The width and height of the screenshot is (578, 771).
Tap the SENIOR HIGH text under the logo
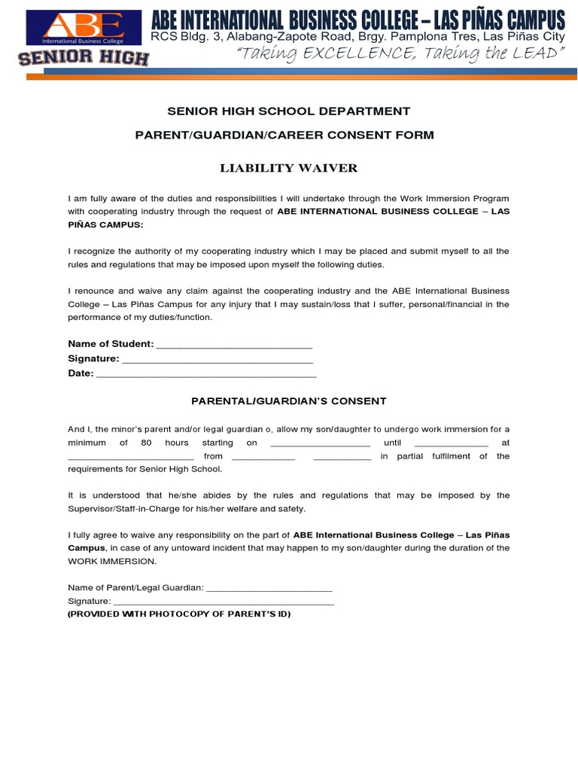click(84, 58)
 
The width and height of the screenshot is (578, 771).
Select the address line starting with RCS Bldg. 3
click(357, 35)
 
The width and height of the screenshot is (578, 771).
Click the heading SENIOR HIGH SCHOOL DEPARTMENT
click(288, 111)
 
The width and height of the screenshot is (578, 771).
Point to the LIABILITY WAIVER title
click(288, 168)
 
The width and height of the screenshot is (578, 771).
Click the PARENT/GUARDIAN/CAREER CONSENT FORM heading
click(288, 135)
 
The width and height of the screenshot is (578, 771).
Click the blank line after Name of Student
click(234, 345)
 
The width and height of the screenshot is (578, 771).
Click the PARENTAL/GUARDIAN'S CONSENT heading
click(288, 401)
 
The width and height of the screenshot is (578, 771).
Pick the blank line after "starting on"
click(320, 443)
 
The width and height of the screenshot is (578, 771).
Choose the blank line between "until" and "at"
click(451, 443)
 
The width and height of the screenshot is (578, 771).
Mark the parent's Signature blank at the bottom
click(224, 602)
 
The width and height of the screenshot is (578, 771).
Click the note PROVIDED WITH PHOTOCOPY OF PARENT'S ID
click(179, 614)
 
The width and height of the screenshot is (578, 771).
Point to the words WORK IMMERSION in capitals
click(113, 562)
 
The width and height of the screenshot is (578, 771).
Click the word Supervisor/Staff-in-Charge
click(126, 509)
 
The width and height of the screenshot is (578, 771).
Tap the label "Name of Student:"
click(111, 344)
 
